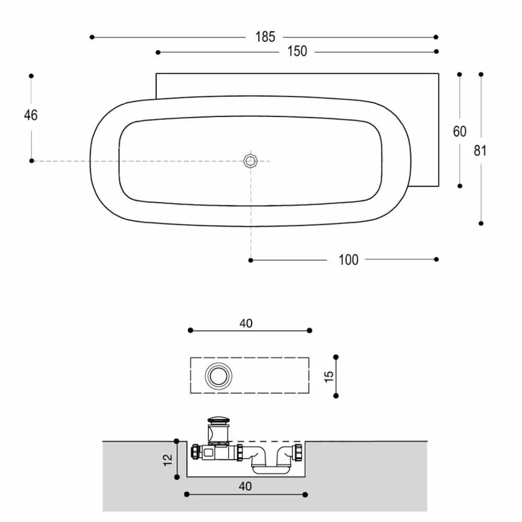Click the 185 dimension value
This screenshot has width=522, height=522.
click(x=265, y=37)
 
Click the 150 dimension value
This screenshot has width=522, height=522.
click(x=297, y=52)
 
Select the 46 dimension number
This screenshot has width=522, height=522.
click(x=31, y=115)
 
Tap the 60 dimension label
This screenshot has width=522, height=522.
click(x=459, y=131)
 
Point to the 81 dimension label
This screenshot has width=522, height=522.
click(x=480, y=151)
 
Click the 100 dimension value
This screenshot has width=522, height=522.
click(x=348, y=260)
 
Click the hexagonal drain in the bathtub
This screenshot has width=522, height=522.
click(x=251, y=160)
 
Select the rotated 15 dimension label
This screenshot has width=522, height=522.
click(x=330, y=376)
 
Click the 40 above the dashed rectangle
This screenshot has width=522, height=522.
click(x=246, y=324)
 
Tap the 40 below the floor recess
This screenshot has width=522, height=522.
click(x=246, y=486)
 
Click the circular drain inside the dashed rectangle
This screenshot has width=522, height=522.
click(x=219, y=376)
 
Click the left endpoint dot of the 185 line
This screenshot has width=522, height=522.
click(x=92, y=37)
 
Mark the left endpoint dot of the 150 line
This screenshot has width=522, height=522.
click(x=158, y=52)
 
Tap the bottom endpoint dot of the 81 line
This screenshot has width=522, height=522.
click(x=481, y=224)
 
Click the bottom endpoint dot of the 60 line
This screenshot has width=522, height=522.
click(x=459, y=186)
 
